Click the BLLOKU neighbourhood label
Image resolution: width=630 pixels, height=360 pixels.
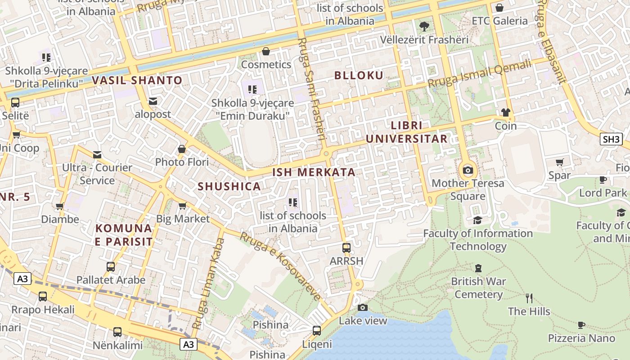(x=359, y=76)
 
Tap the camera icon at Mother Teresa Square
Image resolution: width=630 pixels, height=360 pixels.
(x=468, y=170)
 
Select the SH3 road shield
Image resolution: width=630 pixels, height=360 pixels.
(x=611, y=139)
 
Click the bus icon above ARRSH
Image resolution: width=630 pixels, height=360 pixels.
(x=346, y=248)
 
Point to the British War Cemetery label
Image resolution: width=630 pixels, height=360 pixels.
(x=478, y=288)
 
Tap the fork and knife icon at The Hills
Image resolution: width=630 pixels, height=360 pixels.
(x=529, y=298)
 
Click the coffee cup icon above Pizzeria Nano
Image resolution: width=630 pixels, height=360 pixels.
(x=581, y=324)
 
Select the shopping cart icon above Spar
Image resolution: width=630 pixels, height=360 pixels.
(x=559, y=162)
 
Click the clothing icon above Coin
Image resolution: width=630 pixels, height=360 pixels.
(x=506, y=112)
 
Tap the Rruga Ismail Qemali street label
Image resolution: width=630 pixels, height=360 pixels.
(x=479, y=74)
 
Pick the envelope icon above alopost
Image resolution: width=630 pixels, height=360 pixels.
(x=153, y=101)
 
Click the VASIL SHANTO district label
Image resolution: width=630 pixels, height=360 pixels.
(x=137, y=81)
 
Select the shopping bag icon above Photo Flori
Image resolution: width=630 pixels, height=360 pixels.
(x=182, y=148)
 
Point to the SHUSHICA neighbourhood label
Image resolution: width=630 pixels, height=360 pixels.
(x=229, y=187)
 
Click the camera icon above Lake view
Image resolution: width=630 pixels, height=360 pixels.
(x=363, y=307)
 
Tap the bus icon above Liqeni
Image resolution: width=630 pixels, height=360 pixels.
(x=317, y=331)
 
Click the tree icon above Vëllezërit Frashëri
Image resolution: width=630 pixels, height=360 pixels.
(x=424, y=26)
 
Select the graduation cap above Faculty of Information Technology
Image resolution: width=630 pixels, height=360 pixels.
(x=477, y=220)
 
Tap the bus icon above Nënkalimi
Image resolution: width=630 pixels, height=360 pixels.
(x=117, y=332)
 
